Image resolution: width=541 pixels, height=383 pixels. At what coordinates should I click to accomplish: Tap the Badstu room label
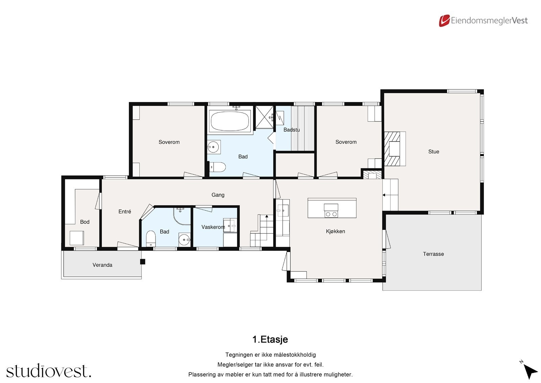(x=291, y=130)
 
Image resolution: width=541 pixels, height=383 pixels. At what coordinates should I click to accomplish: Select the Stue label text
(x=433, y=151)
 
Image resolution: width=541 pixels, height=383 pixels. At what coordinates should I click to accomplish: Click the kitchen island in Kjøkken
(x=332, y=208)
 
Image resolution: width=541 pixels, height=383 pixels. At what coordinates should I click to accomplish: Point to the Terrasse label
(x=433, y=254)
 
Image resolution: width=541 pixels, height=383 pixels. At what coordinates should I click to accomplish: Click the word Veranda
(x=102, y=265)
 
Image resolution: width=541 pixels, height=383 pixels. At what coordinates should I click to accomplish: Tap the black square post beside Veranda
(x=143, y=261)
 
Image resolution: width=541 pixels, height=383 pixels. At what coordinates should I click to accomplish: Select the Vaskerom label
(x=213, y=227)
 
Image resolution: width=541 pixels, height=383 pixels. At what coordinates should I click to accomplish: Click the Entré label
(x=125, y=211)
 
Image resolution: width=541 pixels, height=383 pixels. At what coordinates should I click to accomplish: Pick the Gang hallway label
(x=218, y=195)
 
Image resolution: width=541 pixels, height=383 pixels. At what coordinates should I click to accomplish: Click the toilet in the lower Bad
(x=151, y=238)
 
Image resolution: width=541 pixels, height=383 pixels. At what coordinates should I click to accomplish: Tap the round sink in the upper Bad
(x=213, y=147)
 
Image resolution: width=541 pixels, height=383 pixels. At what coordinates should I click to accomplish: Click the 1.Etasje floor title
(x=270, y=339)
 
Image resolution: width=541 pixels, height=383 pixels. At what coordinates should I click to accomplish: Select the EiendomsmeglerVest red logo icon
(x=444, y=21)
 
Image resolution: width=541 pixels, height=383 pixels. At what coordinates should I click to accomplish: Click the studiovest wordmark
(x=49, y=370)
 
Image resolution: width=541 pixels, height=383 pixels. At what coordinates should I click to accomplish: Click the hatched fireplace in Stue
(x=392, y=149)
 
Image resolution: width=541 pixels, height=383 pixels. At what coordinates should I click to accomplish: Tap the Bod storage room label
(x=85, y=222)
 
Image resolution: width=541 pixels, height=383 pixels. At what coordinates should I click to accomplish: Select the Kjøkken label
(x=335, y=231)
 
